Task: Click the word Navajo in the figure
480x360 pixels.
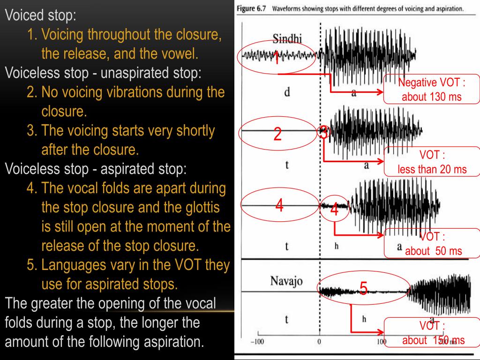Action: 286,281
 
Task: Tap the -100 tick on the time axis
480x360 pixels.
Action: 257,342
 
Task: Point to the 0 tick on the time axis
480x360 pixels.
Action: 319,342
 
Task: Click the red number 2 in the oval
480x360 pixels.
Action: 277,135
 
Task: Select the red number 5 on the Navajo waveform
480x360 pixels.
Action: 363,288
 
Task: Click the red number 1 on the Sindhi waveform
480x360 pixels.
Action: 277,60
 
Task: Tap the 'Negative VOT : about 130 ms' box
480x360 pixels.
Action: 432,89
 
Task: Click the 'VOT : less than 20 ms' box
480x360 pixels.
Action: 432,162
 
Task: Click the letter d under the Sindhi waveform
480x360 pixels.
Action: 287,92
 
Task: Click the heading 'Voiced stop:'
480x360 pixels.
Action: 40,15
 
